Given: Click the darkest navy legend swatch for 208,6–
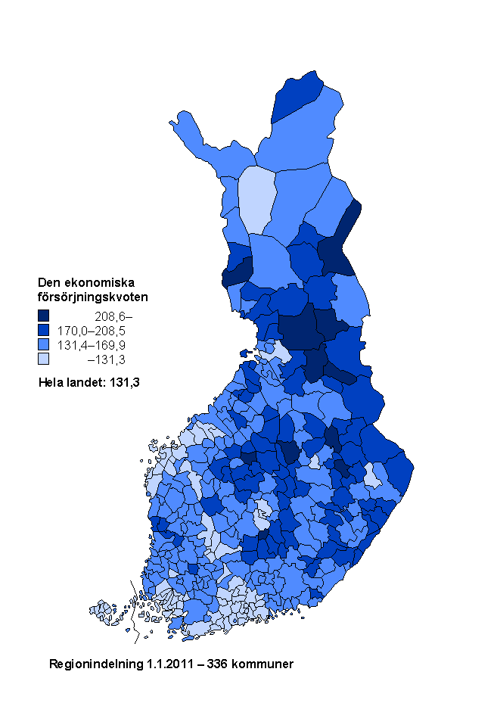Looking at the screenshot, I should click(44, 316).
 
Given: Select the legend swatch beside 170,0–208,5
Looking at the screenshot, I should click(44, 331).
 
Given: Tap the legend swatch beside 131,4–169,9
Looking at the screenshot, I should click(44, 345).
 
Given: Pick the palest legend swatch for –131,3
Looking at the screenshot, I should click(44, 359).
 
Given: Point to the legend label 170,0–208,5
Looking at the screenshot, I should click(96, 331).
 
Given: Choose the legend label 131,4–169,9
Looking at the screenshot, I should click(96, 345).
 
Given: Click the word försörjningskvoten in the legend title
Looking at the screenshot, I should click(92, 297).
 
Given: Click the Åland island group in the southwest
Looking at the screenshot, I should click(102, 610).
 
